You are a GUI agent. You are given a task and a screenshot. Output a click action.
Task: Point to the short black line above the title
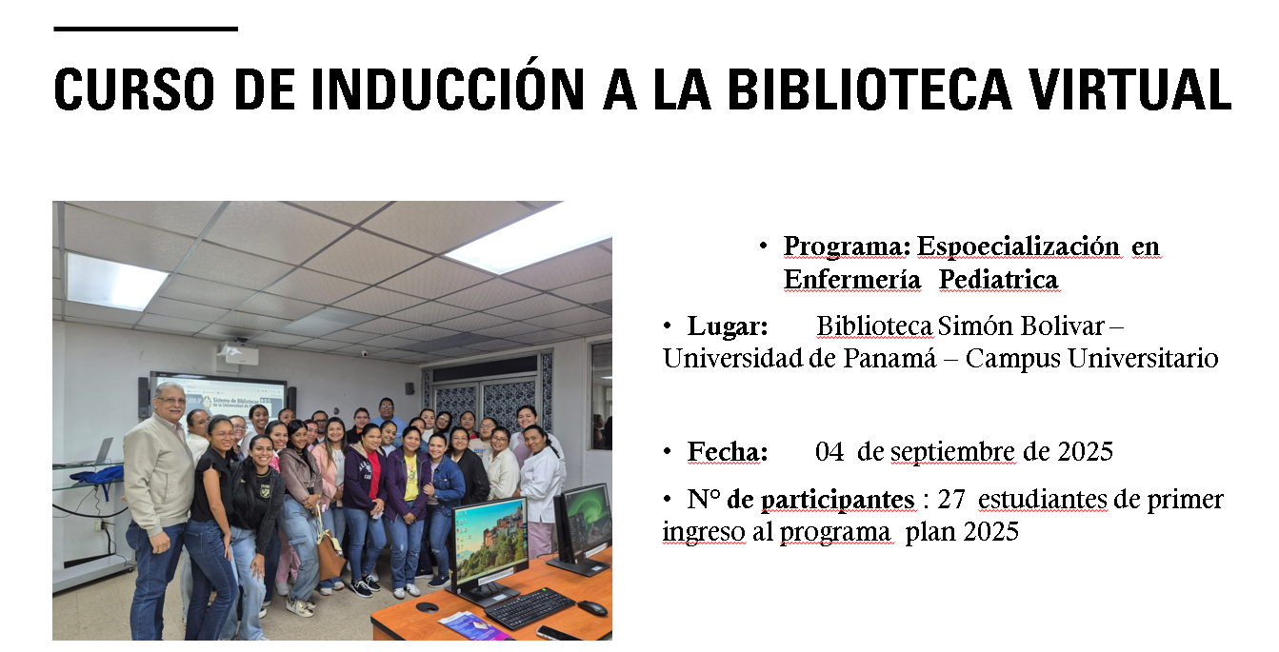145,29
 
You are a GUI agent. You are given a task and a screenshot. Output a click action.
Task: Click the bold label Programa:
847,247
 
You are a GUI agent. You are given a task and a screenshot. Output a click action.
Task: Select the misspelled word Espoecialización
1018,247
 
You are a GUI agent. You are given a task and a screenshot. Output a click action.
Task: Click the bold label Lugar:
728,326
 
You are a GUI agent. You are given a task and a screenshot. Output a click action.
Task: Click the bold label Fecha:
728,451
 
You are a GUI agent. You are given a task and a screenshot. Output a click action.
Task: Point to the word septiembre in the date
952,451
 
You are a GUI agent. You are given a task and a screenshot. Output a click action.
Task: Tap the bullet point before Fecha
669,451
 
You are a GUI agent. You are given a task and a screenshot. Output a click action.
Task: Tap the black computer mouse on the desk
591,607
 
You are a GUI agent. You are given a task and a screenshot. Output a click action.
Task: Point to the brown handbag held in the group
330,556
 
